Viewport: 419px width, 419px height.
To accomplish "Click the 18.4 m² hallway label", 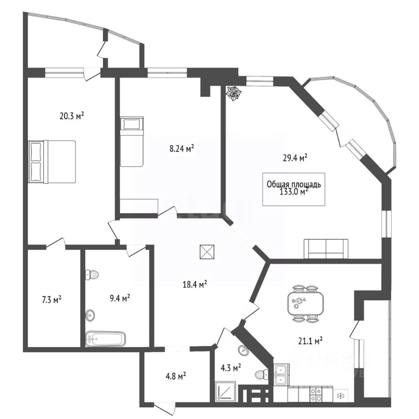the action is (194, 285).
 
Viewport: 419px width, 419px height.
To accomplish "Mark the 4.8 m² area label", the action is (175, 375).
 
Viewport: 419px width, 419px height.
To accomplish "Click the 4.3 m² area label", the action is (231, 369).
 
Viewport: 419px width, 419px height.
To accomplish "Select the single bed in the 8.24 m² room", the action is (132, 141).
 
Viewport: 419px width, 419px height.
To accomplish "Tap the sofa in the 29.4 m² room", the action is (326, 249).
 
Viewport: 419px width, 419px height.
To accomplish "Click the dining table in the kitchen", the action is (306, 303).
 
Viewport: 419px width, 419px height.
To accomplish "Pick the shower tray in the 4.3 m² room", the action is (226, 392).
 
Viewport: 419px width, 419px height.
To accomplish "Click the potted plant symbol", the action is (234, 93).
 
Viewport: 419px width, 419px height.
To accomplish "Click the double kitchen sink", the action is (281, 375).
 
